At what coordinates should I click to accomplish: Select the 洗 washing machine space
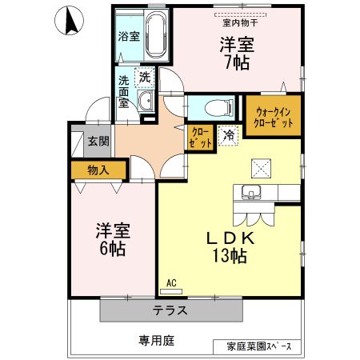tap(144, 78)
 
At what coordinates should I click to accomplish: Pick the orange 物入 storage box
tap(98, 170)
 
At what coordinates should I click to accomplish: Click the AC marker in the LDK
tap(171, 282)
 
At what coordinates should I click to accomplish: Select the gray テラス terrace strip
tap(170, 309)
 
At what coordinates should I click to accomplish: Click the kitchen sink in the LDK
tap(249, 192)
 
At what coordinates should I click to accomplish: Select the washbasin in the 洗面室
tap(146, 102)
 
